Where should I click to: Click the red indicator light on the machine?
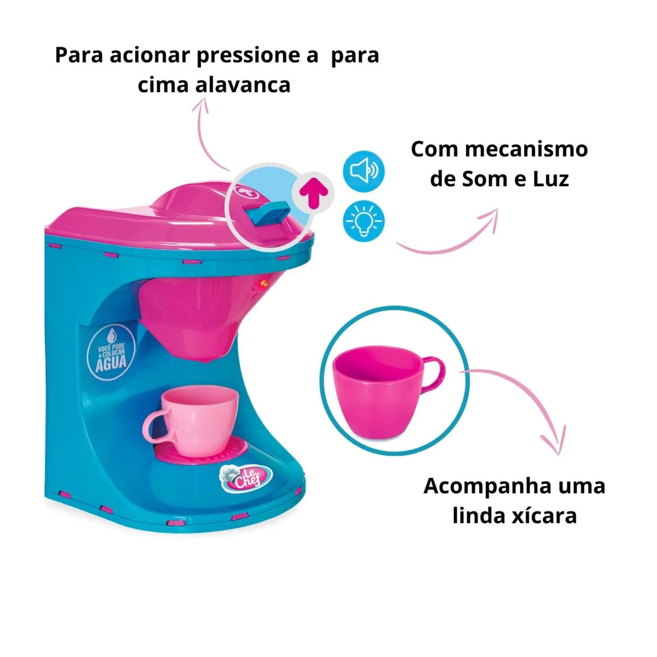[263, 283]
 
